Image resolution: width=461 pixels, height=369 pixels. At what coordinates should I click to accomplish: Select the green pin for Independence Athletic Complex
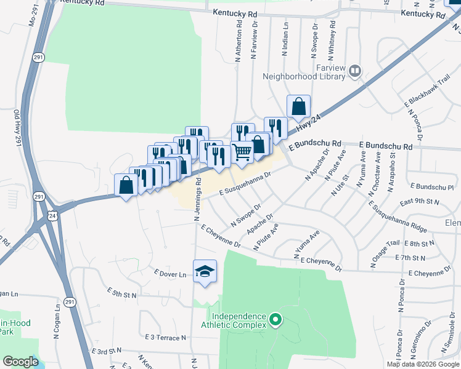pyautogui.click(x=275, y=320)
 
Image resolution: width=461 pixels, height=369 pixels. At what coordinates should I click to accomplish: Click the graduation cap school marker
pyautogui.click(x=205, y=271)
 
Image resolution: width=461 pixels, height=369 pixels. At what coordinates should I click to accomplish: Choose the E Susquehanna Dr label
pyautogui.click(x=246, y=184)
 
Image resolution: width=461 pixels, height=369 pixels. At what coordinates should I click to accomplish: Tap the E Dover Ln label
pyautogui.click(x=170, y=274)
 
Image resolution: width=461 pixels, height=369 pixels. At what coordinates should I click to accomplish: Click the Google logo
pyautogui.click(x=20, y=362)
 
